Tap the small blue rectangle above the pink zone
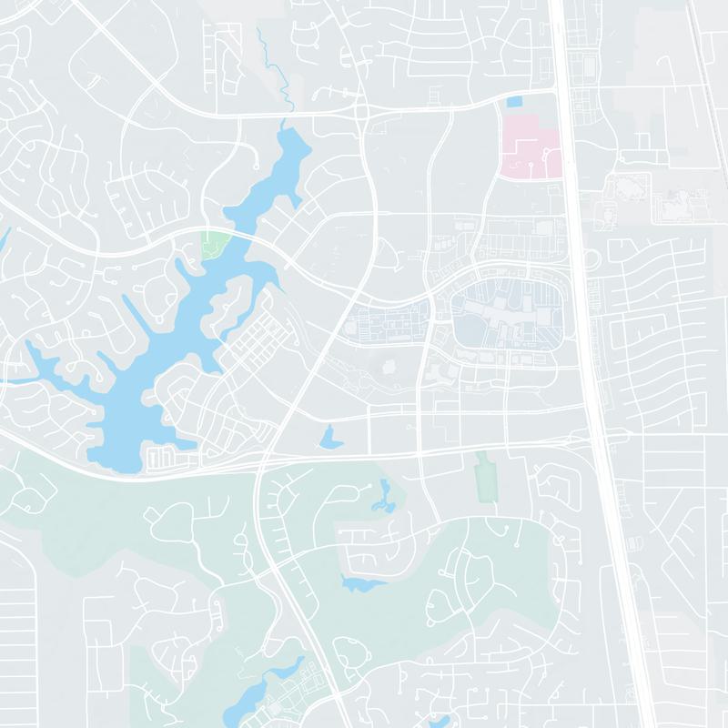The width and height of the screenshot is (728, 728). (x=515, y=102)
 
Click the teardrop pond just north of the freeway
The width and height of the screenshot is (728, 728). (x=328, y=438)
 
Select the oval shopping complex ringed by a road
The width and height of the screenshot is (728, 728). (x=505, y=318)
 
